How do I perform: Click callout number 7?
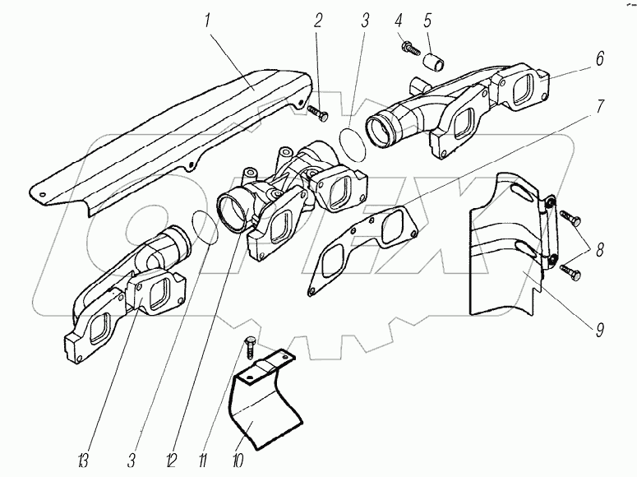pos(600,107)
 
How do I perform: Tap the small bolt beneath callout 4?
pos(408,49)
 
